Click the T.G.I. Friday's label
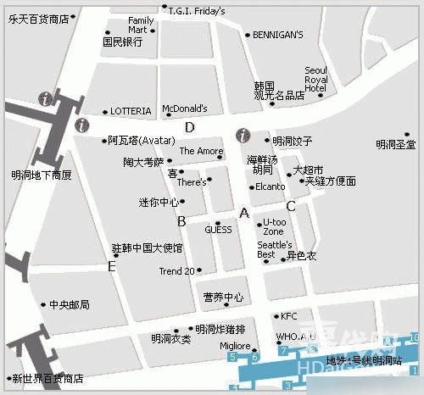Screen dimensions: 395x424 197,11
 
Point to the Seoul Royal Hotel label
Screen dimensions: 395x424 315,81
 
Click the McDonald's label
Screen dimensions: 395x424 184,108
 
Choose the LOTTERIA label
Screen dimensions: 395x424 131,111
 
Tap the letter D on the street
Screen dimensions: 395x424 190,127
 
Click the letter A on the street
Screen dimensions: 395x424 244,213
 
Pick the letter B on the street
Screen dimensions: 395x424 181,221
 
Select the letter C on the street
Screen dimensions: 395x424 290,205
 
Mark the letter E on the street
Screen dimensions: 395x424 111,266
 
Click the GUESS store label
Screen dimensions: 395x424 218,230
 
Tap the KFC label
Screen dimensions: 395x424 289,316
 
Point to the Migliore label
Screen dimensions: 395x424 235,346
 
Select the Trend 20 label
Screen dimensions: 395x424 177,271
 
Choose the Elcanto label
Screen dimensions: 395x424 270,186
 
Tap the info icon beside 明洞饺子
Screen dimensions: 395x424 243,135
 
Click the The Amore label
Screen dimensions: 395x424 201,151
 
